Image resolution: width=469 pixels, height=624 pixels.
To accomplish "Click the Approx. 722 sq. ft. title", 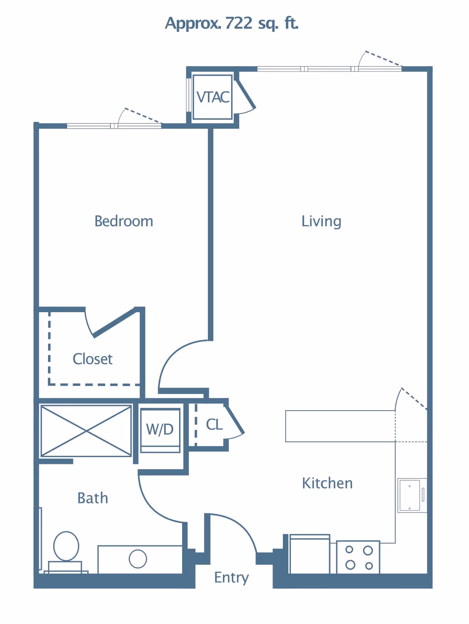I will (231, 23).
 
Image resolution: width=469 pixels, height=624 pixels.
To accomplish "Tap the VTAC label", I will (213, 97).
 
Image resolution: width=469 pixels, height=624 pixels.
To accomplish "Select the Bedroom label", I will (124, 221).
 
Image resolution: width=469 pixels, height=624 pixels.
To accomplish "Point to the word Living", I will (321, 221).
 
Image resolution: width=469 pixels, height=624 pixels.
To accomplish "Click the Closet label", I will (93, 359).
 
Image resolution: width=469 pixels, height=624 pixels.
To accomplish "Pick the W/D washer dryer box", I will (160, 430).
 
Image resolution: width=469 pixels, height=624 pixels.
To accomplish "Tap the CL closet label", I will (214, 424).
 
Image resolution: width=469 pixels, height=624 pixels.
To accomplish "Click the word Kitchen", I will (327, 484).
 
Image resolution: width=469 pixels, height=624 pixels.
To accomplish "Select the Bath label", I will (93, 498).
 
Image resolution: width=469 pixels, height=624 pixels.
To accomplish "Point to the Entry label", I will (231, 577).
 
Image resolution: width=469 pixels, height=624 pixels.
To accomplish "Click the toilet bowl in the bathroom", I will (66, 546).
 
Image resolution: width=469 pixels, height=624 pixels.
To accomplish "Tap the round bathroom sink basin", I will (138, 559).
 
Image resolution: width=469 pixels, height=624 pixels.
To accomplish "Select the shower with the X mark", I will (86, 431).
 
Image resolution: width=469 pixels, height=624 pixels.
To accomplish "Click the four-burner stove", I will (358, 557).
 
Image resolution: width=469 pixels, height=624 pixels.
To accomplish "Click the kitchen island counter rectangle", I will (340, 426).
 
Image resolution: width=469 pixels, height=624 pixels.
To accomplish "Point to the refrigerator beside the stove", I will (310, 555).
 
